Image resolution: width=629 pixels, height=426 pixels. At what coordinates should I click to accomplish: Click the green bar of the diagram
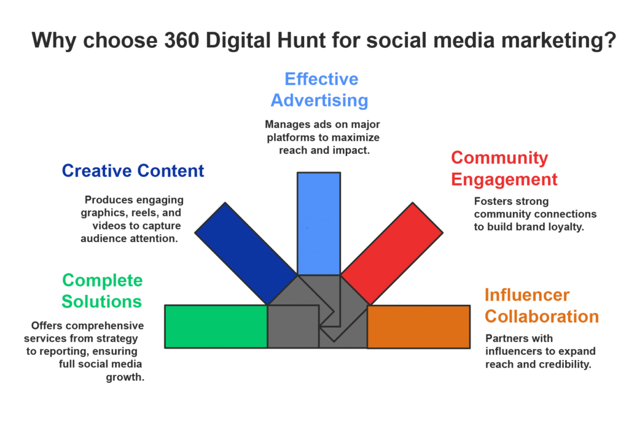click(x=216, y=326)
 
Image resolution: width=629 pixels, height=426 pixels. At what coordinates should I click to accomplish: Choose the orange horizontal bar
click(x=418, y=326)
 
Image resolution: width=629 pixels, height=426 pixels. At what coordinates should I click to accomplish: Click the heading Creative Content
click(x=133, y=171)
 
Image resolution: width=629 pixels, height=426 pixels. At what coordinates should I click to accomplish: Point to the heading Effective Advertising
click(x=321, y=90)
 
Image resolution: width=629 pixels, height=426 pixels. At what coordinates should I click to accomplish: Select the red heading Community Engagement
click(x=504, y=168)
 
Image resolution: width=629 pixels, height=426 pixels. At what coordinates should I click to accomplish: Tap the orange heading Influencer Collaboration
click(x=541, y=306)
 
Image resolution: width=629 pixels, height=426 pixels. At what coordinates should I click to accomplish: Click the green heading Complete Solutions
click(x=102, y=291)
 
